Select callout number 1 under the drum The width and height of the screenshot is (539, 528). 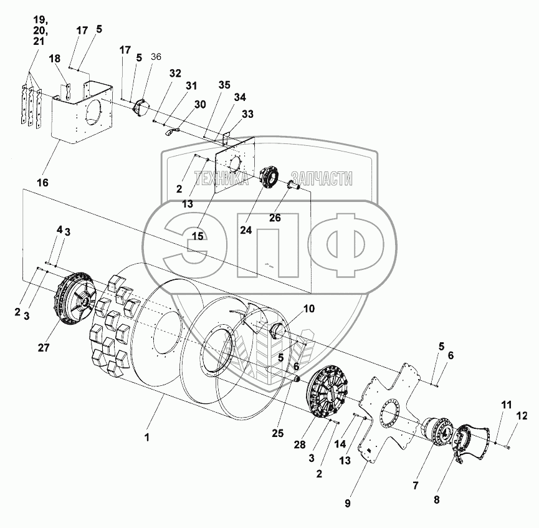[x=147, y=438]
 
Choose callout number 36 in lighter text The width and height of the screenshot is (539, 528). [x=156, y=57]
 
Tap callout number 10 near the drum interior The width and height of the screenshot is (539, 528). [x=309, y=309]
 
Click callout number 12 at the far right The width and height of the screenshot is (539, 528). [x=522, y=416]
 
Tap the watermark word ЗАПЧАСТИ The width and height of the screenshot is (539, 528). [x=322, y=180]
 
